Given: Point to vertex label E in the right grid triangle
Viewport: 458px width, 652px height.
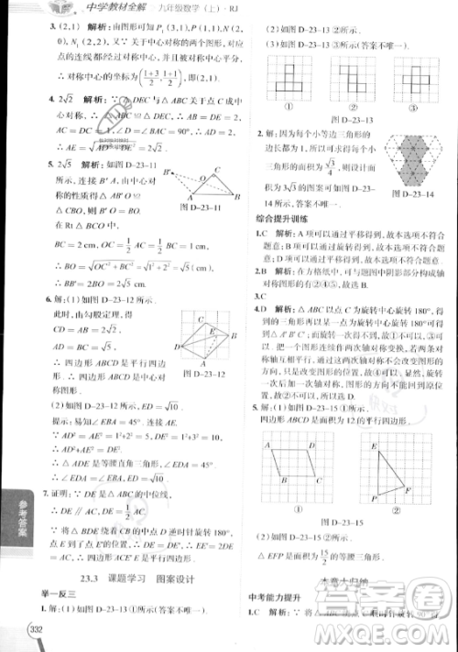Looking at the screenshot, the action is pyautogui.click(x=376, y=445).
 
